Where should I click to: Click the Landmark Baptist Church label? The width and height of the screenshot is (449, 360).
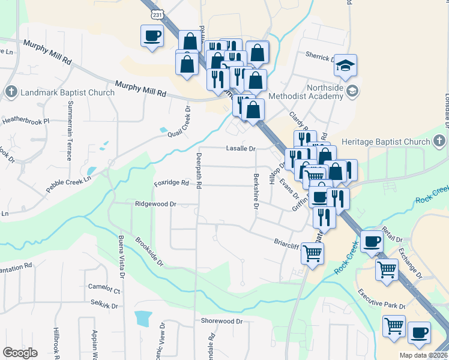pyautogui.click(x=67, y=92)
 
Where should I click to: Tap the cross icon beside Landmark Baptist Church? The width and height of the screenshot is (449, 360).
pyautogui.click(x=11, y=92)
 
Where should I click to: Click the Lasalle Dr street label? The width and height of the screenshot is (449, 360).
pyautogui.click(x=241, y=148)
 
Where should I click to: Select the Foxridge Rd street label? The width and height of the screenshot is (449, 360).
pyautogui.click(x=171, y=183)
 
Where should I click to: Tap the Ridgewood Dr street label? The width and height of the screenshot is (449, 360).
pyautogui.click(x=155, y=204)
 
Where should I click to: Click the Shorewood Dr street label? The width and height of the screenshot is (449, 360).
pyautogui.click(x=221, y=321)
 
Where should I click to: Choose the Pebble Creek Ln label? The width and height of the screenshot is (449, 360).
pyautogui.click(x=71, y=184)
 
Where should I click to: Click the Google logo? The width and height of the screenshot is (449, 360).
pyautogui.click(x=20, y=353)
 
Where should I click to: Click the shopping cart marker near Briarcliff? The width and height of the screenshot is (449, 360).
pyautogui.click(x=312, y=253)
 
